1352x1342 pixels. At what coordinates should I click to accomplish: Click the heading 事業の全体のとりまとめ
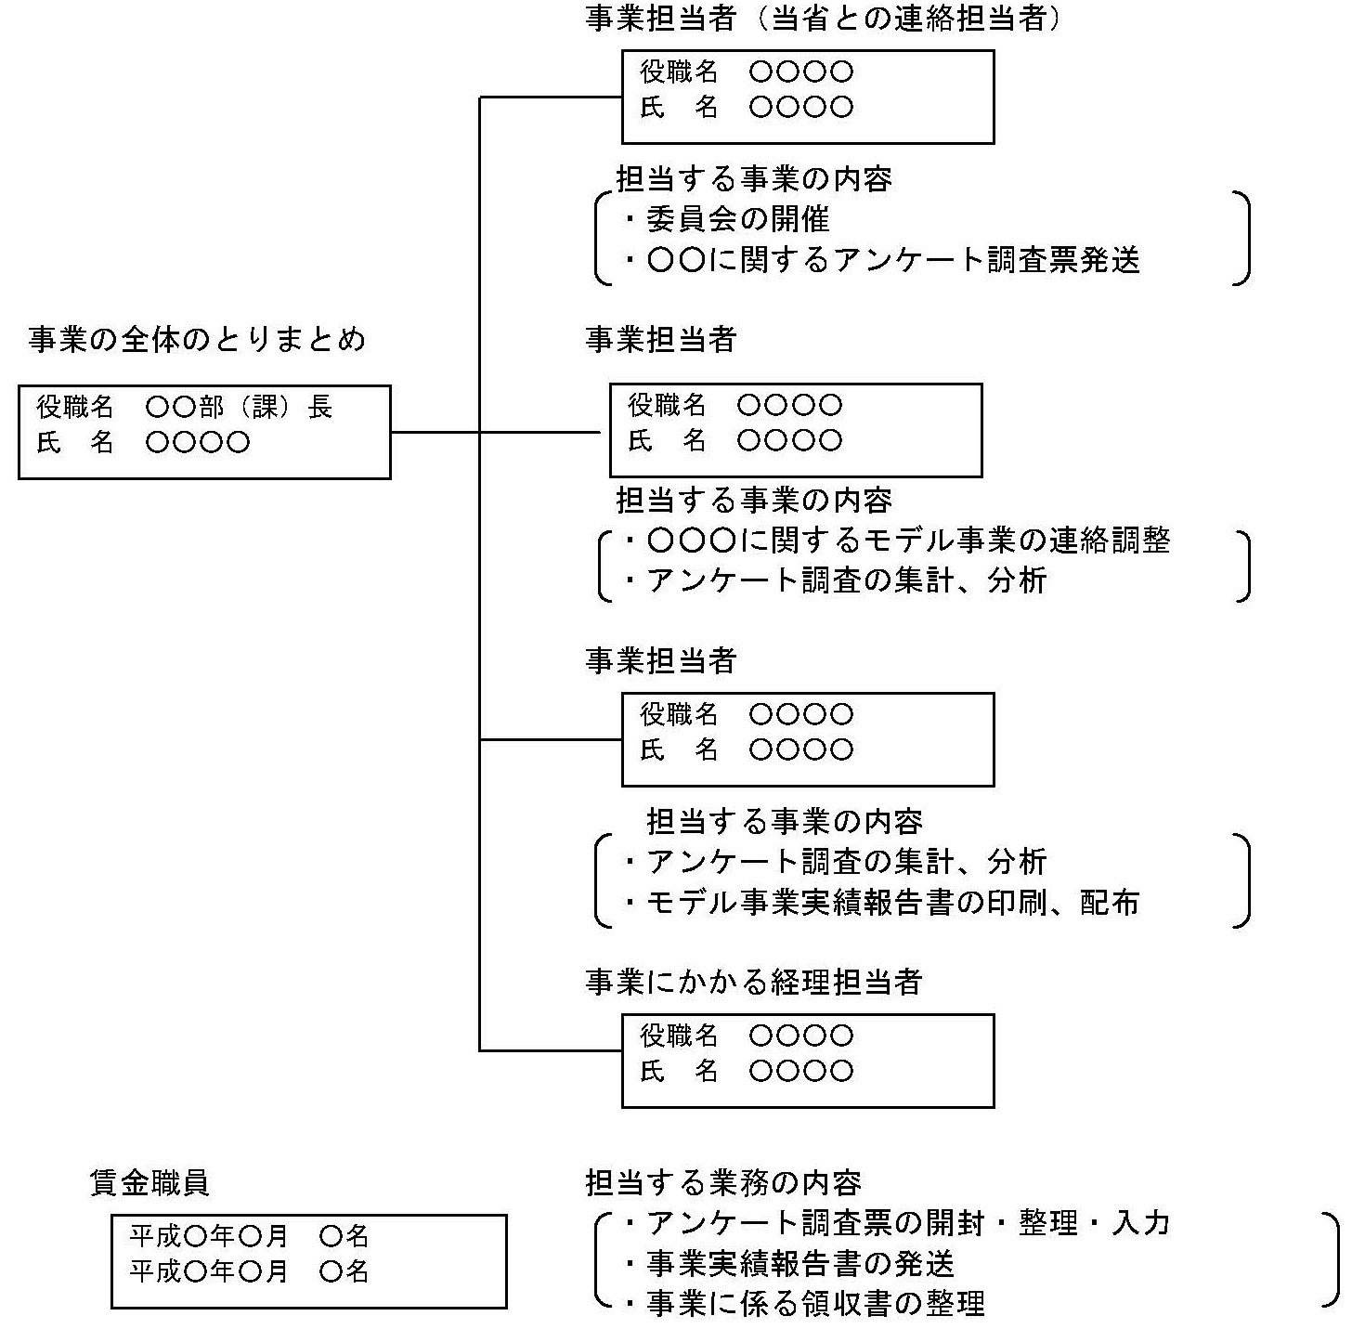pyautogui.click(x=197, y=340)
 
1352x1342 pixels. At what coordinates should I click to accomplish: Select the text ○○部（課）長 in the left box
pyautogui.click(x=240, y=407)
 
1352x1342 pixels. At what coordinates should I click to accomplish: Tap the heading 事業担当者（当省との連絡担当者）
pyautogui.click(x=823, y=20)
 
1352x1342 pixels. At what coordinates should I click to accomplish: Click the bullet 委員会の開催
pyautogui.click(x=736, y=219)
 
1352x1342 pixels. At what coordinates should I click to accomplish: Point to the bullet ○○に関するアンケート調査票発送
pyautogui.click(x=892, y=260)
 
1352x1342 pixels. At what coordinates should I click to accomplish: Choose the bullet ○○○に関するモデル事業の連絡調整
pyautogui.click(x=908, y=540)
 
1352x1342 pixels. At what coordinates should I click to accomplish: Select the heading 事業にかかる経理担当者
pyautogui.click(x=753, y=982)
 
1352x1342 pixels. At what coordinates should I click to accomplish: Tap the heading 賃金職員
pyautogui.click(x=149, y=1182)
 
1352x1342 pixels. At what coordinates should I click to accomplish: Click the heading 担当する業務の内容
pyautogui.click(x=723, y=1182)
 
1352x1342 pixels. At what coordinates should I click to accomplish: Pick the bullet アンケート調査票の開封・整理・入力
pyautogui.click(x=907, y=1223)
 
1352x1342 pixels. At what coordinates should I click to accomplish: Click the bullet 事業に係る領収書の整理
pyautogui.click(x=815, y=1304)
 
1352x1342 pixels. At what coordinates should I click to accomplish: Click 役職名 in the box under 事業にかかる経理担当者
pyautogui.click(x=679, y=1036)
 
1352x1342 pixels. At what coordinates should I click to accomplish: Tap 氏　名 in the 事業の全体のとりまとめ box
pyautogui.click(x=75, y=443)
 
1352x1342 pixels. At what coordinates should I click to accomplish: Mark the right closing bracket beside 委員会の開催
pyautogui.click(x=1242, y=238)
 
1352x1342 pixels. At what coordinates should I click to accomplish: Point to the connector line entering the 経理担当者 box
pyautogui.click(x=551, y=1050)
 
